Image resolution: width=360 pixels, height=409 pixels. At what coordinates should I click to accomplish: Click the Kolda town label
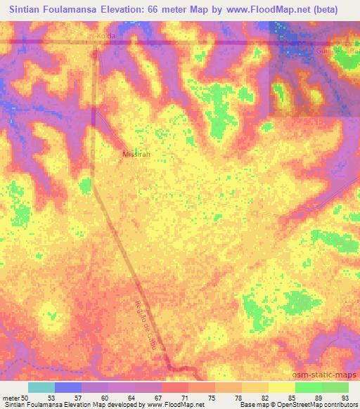105,35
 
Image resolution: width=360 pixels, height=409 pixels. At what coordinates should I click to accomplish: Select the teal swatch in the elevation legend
41,387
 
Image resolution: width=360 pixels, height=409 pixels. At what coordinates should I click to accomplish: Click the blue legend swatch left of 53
68,387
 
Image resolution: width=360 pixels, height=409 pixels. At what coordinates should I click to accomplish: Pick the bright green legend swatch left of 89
308,387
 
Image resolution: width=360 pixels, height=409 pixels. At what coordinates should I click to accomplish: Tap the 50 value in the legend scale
26,397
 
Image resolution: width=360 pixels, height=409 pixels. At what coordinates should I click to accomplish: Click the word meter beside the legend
12,397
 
